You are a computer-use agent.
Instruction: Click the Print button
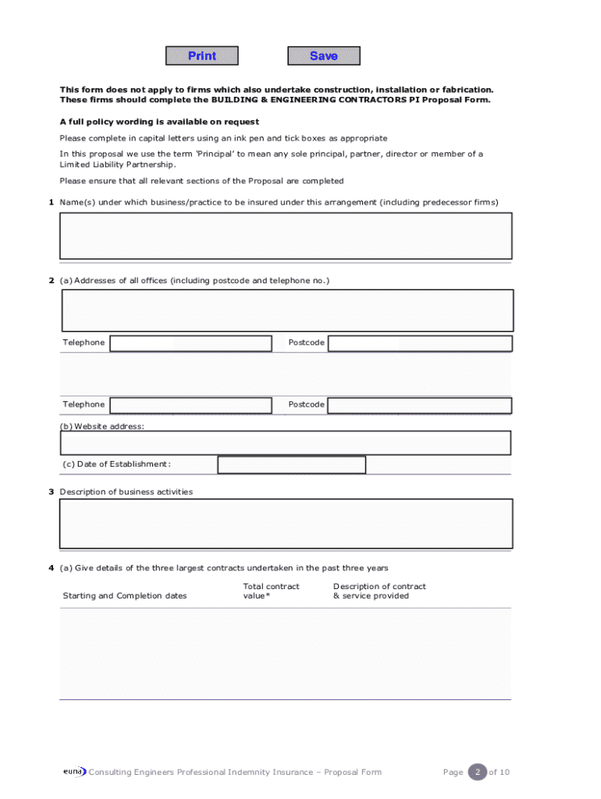pyautogui.click(x=202, y=56)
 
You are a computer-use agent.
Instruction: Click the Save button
pyautogui.click(x=324, y=56)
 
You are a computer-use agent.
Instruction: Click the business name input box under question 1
pyautogui.click(x=286, y=236)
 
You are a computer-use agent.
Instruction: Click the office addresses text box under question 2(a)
pyautogui.click(x=286, y=311)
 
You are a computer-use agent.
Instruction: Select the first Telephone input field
pyautogui.click(x=190, y=343)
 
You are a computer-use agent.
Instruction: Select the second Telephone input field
pyautogui.click(x=190, y=405)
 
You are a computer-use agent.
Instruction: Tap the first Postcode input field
pyautogui.click(x=420, y=343)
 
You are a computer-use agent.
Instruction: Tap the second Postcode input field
pyautogui.click(x=420, y=405)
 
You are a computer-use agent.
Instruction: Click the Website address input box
pyautogui.click(x=286, y=443)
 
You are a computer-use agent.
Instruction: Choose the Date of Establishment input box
pyautogui.click(x=291, y=465)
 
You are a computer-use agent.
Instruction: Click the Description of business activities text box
pyautogui.click(x=286, y=524)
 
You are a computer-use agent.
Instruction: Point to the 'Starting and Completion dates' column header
pyautogui.click(x=125, y=596)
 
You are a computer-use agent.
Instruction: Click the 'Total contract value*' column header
pyautogui.click(x=271, y=591)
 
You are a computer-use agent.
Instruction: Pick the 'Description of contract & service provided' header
pyautogui.click(x=379, y=591)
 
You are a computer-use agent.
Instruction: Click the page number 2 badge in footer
pyautogui.click(x=476, y=772)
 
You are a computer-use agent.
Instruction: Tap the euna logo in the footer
pyautogui.click(x=74, y=772)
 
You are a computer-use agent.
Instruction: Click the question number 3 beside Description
pyautogui.click(x=51, y=492)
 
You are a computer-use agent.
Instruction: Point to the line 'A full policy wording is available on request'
pyautogui.click(x=159, y=123)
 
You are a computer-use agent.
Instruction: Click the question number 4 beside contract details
pyautogui.click(x=51, y=568)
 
